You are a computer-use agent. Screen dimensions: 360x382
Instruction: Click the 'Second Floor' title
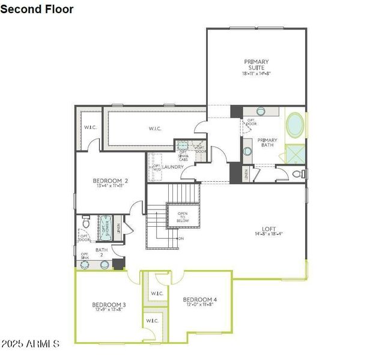click(x=37, y=9)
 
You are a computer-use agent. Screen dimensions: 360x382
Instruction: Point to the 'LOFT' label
click(x=268, y=229)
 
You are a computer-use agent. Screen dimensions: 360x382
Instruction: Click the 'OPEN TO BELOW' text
click(x=182, y=217)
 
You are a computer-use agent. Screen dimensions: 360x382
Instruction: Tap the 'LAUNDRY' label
click(x=172, y=167)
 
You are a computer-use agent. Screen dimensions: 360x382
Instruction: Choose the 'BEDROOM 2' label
click(x=110, y=181)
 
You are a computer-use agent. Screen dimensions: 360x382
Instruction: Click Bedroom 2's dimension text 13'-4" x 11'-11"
click(x=110, y=187)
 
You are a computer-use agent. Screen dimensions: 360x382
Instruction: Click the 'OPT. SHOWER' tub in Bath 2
click(x=105, y=227)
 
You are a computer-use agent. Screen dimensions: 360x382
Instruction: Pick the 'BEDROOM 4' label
click(x=199, y=299)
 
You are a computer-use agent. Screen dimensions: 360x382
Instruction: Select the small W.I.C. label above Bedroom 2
click(x=90, y=127)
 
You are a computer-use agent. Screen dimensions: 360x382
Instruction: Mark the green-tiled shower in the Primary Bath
click(x=295, y=154)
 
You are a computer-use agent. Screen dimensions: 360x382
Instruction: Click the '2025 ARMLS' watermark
click(x=30, y=344)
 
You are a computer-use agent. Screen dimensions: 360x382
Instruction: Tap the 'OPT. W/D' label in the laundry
click(x=157, y=167)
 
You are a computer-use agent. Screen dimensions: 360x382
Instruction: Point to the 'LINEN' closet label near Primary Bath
click(x=246, y=174)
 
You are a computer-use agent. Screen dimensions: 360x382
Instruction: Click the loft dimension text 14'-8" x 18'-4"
click(x=268, y=235)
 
